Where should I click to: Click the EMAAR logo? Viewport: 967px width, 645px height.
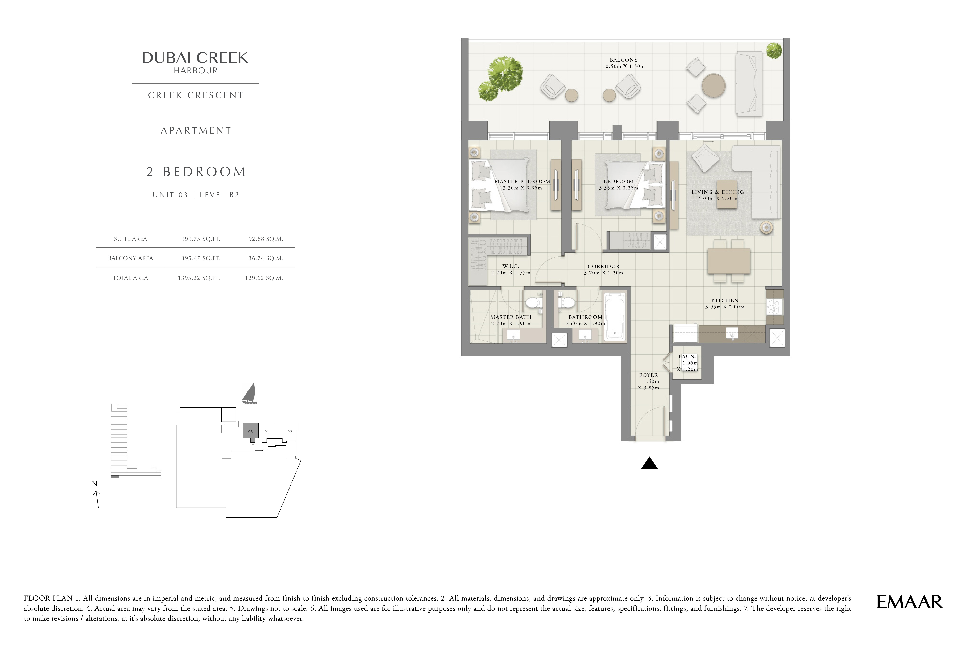click(909, 602)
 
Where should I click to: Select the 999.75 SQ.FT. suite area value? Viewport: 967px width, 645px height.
click(200, 239)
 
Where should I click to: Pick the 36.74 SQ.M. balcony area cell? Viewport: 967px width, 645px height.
click(265, 258)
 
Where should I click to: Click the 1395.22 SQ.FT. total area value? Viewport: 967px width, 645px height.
click(199, 278)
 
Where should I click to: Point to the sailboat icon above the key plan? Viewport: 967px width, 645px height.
click(249, 394)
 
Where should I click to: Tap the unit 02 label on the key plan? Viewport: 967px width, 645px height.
click(290, 432)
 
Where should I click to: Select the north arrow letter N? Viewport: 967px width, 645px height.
click(95, 484)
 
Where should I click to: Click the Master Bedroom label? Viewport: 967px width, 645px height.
click(522, 181)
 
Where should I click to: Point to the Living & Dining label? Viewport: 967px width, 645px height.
click(718, 192)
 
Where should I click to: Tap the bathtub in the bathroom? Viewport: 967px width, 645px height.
click(615, 317)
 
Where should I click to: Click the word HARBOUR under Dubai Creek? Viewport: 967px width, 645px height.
click(195, 71)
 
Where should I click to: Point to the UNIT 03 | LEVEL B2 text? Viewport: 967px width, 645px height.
click(196, 195)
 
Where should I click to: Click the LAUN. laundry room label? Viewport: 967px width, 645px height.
click(687, 357)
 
